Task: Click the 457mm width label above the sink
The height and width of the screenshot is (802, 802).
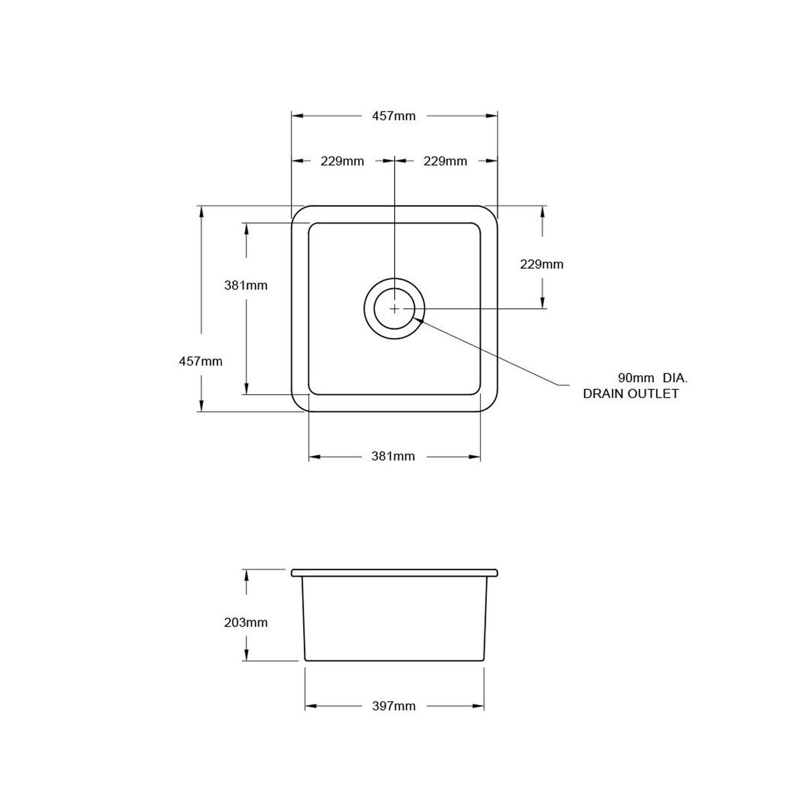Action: click(x=394, y=116)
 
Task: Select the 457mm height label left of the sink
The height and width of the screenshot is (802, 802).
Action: click(x=200, y=362)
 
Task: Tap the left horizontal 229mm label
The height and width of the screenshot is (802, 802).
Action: click(x=342, y=161)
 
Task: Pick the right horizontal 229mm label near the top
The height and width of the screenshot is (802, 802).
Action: click(x=445, y=161)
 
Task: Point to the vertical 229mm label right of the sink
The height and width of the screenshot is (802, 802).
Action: click(x=542, y=264)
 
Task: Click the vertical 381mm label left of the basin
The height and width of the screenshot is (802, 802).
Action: click(x=246, y=286)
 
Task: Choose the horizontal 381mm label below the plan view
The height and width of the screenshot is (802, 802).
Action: click(x=393, y=457)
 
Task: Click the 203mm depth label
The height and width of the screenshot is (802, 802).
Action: click(x=246, y=623)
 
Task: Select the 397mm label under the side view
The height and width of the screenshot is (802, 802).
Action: click(x=394, y=706)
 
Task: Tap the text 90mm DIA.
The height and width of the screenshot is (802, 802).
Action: click(x=653, y=378)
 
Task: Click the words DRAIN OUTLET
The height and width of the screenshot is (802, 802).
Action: click(x=631, y=394)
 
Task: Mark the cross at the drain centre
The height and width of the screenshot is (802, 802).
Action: click(x=394, y=309)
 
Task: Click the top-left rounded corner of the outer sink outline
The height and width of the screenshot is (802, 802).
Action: click(x=296, y=211)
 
